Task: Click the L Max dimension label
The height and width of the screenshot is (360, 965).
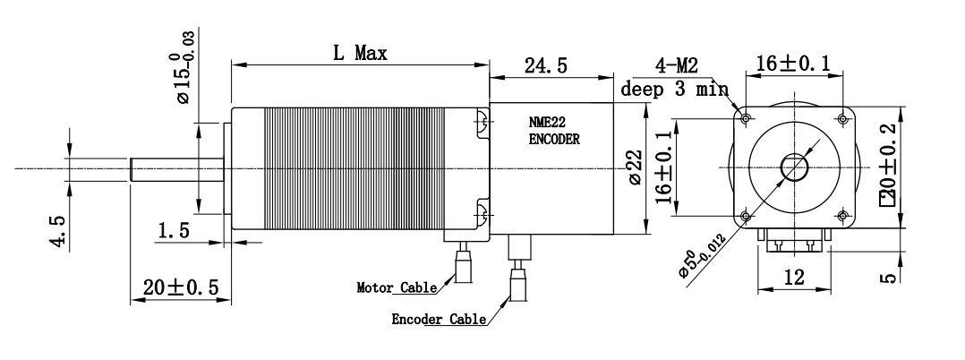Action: pyautogui.click(x=361, y=54)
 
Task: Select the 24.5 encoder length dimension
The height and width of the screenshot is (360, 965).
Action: pyautogui.click(x=545, y=65)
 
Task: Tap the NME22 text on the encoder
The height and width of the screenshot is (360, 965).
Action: pyautogui.click(x=548, y=123)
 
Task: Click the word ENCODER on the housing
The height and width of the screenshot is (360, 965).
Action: pyautogui.click(x=554, y=140)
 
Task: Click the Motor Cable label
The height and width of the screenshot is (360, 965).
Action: pyautogui.click(x=397, y=287)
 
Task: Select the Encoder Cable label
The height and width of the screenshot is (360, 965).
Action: pyautogui.click(x=439, y=320)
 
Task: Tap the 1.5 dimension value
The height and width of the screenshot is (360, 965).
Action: pyautogui.click(x=175, y=231)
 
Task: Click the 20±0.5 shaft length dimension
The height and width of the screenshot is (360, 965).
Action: pyautogui.click(x=181, y=287)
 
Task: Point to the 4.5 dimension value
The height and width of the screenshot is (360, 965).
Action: pyautogui.click(x=59, y=231)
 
